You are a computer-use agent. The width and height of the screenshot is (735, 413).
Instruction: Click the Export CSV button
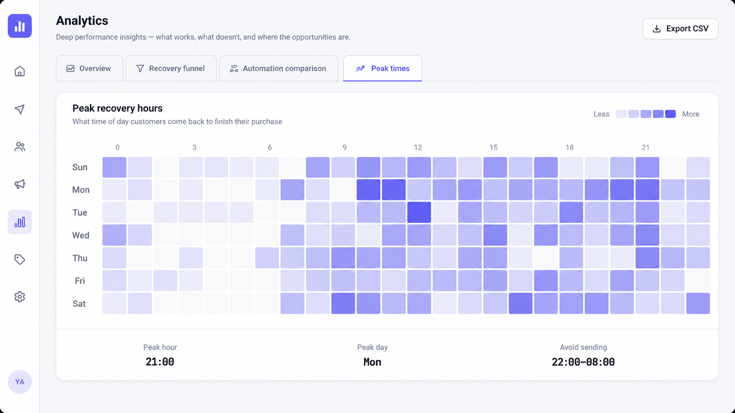pyautogui.click(x=680, y=29)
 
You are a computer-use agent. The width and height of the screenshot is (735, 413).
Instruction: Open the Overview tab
pyautogui.click(x=89, y=68)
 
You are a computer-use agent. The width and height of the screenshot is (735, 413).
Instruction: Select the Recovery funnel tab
pyautogui.click(x=171, y=68)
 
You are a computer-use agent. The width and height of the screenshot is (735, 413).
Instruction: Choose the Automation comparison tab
pyautogui.click(x=278, y=68)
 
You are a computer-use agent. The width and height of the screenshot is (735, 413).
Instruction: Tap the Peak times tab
pyautogui.click(x=382, y=68)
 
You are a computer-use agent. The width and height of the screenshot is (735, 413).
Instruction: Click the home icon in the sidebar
pyautogui.click(x=20, y=71)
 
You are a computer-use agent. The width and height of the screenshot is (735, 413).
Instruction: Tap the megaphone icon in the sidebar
pyautogui.click(x=20, y=184)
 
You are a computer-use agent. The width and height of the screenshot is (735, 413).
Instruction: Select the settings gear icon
pyautogui.click(x=20, y=296)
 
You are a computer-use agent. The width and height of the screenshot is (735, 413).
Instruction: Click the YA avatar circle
pyautogui.click(x=20, y=382)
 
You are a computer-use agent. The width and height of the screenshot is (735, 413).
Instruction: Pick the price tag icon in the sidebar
pyautogui.click(x=20, y=259)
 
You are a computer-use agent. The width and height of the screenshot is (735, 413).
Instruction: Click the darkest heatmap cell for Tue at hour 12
pyautogui.click(x=419, y=212)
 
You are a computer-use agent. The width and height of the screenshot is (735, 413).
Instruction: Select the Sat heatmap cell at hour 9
pyautogui.click(x=343, y=303)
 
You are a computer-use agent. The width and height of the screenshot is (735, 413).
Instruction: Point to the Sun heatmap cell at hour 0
pyautogui.click(x=114, y=167)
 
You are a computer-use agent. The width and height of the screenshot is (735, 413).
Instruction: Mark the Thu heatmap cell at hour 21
pyautogui.click(x=647, y=258)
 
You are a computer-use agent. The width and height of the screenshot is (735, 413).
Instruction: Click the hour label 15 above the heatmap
pyautogui.click(x=493, y=147)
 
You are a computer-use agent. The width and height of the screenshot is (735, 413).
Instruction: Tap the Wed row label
pyautogui.click(x=81, y=235)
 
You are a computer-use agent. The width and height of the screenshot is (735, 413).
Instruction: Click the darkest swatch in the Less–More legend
pyautogui.click(x=670, y=114)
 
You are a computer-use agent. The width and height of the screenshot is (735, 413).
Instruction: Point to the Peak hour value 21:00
pyautogui.click(x=160, y=362)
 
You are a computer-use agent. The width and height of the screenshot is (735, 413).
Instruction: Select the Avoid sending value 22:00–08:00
pyautogui.click(x=583, y=362)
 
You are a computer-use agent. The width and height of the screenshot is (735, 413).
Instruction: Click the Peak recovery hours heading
pyautogui.click(x=118, y=108)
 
